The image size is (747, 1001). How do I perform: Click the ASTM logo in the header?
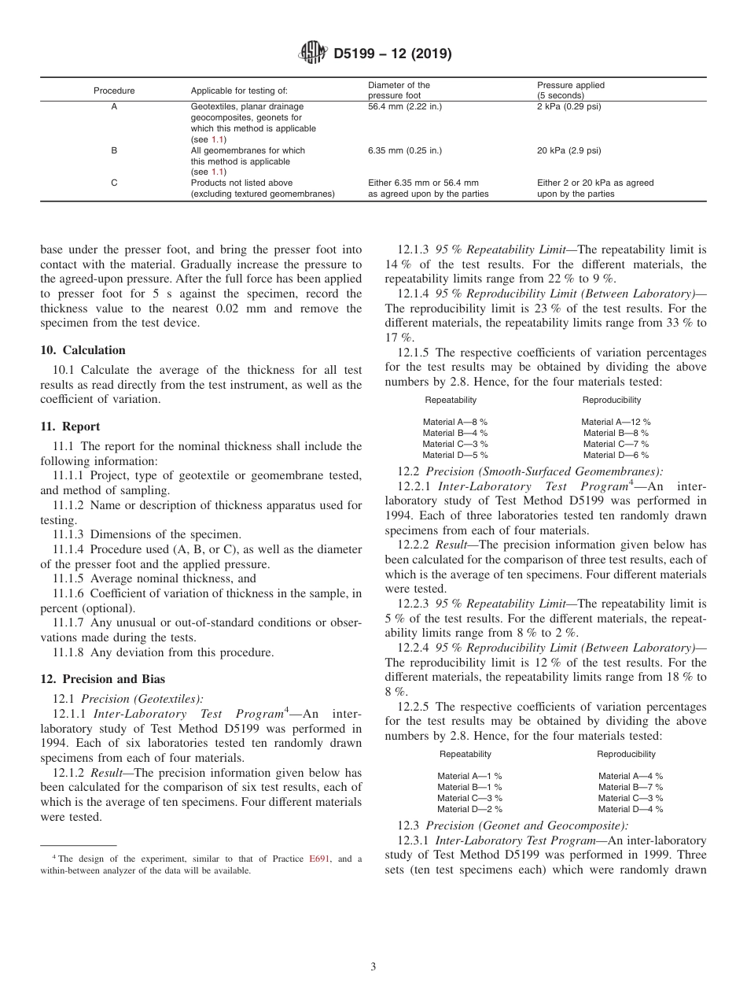coord(313,54)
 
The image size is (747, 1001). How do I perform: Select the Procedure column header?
coord(114,90)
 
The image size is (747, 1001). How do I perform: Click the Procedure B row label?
coord(114,150)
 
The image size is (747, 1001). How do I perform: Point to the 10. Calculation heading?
coord(83,350)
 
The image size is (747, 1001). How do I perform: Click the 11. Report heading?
coord(70,427)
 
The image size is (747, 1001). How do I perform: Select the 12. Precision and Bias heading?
coord(102,679)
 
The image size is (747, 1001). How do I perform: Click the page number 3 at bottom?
coord(373,966)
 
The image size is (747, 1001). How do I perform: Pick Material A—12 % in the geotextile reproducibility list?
coord(616,422)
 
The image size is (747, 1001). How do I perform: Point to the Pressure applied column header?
coord(571,85)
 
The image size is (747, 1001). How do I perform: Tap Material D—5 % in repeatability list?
coord(454,455)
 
